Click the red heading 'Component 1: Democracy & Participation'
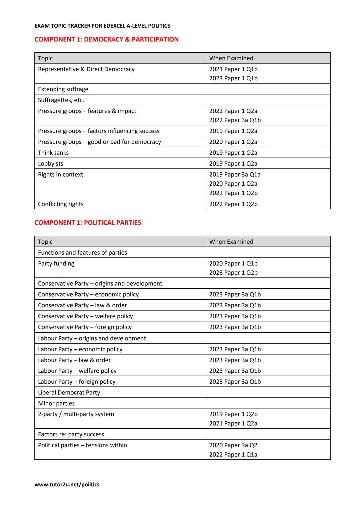point(106,39)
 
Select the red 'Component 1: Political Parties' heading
point(88,223)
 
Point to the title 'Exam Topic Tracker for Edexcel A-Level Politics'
point(102,26)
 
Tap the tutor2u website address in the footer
point(67,484)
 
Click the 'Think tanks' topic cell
point(53,153)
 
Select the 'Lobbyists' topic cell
point(51,164)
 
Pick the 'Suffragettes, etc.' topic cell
point(61,100)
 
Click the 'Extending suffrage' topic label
point(63,89)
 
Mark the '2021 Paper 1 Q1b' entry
point(233,69)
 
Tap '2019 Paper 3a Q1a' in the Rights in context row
point(235,174)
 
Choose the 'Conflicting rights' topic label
point(61,204)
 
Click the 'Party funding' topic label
point(56,263)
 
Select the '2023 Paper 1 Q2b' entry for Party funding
point(233,273)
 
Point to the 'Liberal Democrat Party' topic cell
point(69,392)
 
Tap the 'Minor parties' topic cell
point(56,403)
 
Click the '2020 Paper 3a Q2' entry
point(233,445)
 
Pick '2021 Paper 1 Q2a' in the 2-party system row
point(233,423)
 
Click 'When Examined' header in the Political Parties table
point(231,242)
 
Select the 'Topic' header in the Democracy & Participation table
point(45,58)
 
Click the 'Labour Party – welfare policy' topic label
point(77,371)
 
